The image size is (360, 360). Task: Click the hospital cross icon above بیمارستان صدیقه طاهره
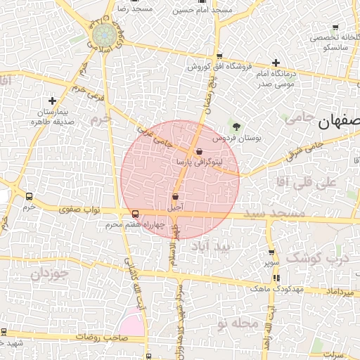52,101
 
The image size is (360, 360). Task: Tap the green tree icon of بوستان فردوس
236,127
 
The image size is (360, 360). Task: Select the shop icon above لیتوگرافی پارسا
200,151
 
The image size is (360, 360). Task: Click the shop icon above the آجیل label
175,197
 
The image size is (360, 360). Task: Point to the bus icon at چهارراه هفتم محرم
135,214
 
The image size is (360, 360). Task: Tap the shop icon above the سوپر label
272,252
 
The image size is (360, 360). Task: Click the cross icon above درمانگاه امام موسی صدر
276,63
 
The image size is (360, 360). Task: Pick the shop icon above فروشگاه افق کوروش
220,56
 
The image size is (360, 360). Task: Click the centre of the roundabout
105,34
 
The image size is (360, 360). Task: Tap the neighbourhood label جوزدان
49,273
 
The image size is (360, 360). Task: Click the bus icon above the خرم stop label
29,197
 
